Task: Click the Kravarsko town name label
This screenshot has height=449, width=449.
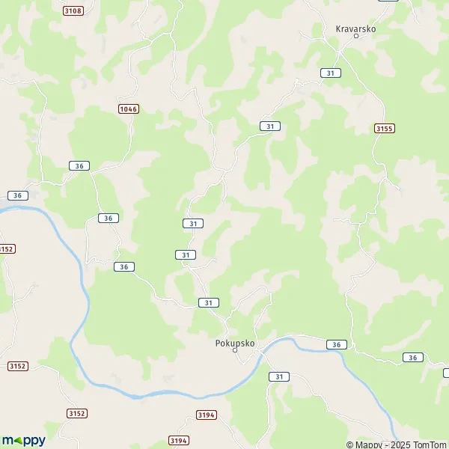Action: (355, 28)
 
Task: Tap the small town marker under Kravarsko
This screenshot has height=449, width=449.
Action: (355, 37)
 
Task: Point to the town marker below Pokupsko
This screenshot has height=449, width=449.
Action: (234, 350)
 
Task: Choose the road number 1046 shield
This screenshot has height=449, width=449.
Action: (128, 109)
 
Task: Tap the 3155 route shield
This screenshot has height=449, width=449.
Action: (384, 129)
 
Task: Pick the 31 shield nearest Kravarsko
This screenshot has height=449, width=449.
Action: (331, 73)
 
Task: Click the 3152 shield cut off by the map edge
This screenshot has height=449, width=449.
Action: (6, 248)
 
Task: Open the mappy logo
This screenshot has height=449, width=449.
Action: (25, 440)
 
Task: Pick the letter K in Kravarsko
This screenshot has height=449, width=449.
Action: (338, 28)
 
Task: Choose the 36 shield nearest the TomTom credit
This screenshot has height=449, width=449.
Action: (412, 358)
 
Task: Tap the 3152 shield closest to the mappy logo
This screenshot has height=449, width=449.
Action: (77, 413)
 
